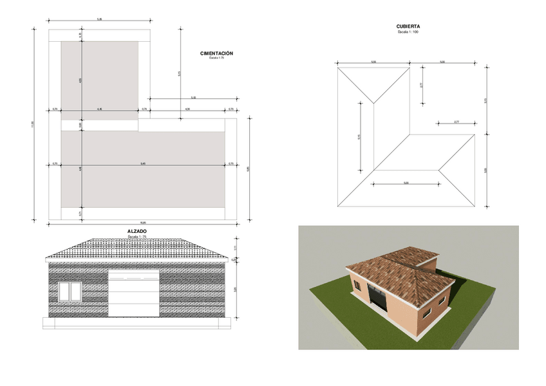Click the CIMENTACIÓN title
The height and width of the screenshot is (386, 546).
tap(216, 53)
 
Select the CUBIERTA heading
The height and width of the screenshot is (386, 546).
tap(408, 26)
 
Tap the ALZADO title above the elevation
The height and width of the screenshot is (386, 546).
tap(136, 231)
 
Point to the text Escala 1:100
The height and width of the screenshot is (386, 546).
tap(408, 32)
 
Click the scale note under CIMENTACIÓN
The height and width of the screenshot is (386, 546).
tap(216, 58)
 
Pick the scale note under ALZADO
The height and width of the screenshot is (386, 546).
tap(136, 236)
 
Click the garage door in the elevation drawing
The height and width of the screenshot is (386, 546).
tap(133, 293)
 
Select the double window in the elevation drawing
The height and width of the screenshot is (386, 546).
tap(70, 291)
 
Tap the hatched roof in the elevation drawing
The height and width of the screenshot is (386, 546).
tap(136, 248)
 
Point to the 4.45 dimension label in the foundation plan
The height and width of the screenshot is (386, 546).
tap(99, 109)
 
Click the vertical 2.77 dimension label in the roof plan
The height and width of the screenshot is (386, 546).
tap(420, 85)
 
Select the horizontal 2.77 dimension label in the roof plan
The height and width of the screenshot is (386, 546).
tap(456, 122)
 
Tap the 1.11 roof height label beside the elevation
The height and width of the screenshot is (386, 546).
tap(236, 248)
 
